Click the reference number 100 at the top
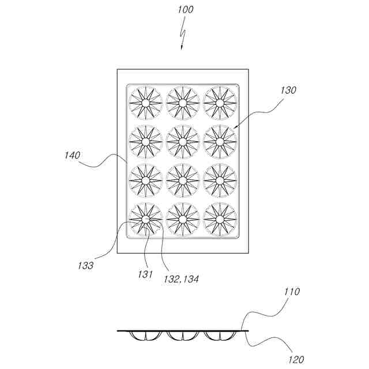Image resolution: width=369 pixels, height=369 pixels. pos(186,10)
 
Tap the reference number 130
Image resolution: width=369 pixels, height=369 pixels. pos(288,91)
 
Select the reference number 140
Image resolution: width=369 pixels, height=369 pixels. pos(73,155)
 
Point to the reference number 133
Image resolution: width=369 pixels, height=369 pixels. pos(86,266)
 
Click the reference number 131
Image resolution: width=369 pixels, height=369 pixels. pos(145,275)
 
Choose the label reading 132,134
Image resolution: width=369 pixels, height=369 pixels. pos(182,279)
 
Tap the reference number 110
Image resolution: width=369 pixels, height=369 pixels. pos(292,292)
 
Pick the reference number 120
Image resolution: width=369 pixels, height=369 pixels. pos(296,360)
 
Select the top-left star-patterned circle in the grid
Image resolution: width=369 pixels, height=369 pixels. pos(145,103)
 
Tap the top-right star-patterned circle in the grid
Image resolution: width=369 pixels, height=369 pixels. pos(220,103)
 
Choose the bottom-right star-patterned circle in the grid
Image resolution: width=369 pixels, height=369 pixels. pos(220,220)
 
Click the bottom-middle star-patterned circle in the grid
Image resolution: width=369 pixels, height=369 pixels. pos(183,220)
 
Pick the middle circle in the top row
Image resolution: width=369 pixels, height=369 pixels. pos(183,103)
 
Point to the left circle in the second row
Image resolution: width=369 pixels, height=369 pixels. pos(145,141)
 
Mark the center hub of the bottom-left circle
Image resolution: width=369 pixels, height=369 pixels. pos(145,220)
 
